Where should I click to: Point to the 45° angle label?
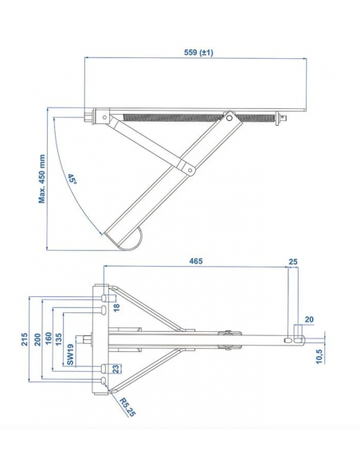click(72, 180)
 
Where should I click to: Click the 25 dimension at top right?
click(292, 260)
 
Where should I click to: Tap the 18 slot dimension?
click(116, 307)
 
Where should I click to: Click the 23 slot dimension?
click(116, 368)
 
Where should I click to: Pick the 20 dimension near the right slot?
click(309, 320)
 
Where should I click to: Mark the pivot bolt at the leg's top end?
click(232, 119)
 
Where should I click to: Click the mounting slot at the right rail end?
click(298, 338)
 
